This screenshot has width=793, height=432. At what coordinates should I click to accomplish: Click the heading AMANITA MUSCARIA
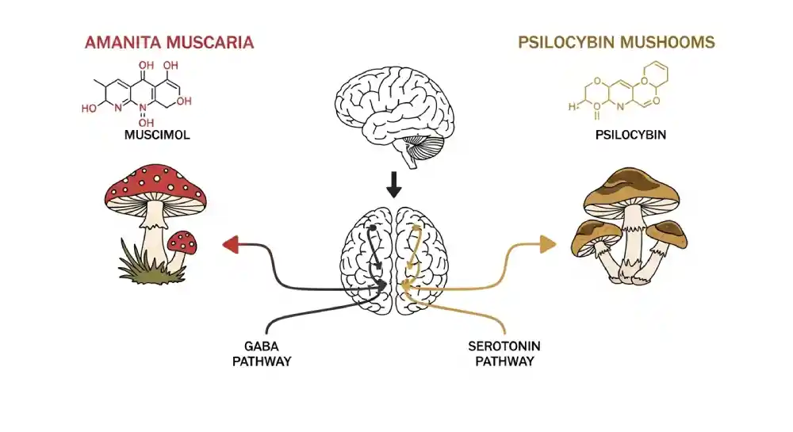169,42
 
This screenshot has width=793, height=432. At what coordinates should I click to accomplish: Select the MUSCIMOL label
157,135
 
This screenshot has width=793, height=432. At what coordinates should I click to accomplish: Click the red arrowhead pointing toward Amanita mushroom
231,246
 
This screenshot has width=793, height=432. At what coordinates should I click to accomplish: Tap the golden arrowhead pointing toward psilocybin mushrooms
547,244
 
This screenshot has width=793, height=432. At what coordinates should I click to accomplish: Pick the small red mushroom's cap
183,240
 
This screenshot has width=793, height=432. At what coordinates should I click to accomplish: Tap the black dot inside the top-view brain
372,228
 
